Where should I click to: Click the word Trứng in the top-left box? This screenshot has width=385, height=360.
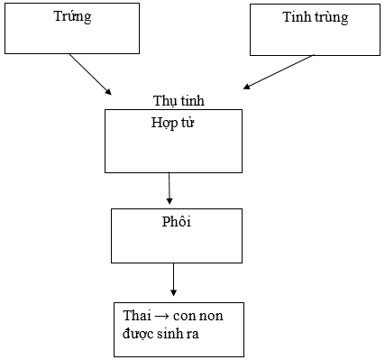click(73, 17)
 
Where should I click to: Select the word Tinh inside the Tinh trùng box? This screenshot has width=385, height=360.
click(297, 17)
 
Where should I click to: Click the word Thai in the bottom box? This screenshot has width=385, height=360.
click(136, 316)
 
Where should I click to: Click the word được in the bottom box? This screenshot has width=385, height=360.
click(137, 333)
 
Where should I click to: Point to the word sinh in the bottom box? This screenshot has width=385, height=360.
click(170, 333)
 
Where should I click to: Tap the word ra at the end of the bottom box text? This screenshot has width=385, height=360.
click(193, 333)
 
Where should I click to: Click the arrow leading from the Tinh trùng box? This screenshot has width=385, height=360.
click(279, 72)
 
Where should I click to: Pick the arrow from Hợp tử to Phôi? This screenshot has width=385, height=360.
click(169, 188)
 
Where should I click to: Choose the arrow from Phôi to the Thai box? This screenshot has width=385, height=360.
click(173, 280)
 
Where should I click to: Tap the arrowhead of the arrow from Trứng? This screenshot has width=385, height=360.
click(108, 91)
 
